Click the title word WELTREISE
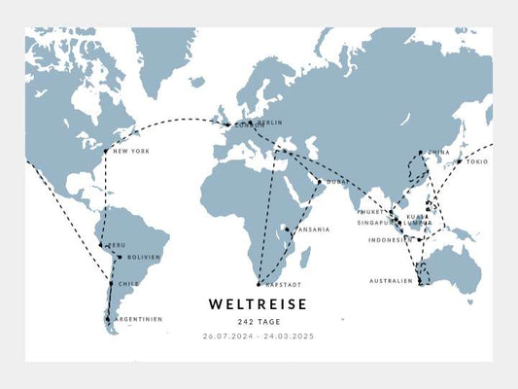click(x=258, y=304)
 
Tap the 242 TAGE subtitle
click(x=258, y=322)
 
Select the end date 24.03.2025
click(x=290, y=336)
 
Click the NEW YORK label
click(x=131, y=151)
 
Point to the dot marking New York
click(x=106, y=151)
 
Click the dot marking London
click(x=227, y=124)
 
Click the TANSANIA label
click(x=312, y=230)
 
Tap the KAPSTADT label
click(x=279, y=284)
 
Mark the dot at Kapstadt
click(x=258, y=284)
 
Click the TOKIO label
click(x=476, y=161)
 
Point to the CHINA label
click(x=439, y=153)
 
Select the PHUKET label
click(x=371, y=211)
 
